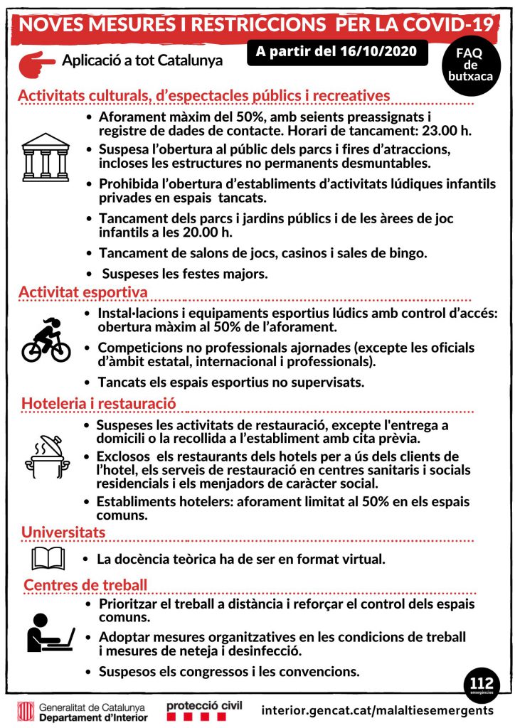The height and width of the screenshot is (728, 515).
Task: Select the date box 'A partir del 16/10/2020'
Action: click(337, 53)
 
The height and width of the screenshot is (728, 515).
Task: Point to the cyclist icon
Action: click(46, 341)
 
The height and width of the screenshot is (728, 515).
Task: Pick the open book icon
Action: click(48, 558)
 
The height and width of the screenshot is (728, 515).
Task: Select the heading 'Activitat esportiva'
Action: click(83, 292)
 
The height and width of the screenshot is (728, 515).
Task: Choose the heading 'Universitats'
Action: click(63, 532)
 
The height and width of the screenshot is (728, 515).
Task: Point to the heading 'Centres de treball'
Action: click(85, 585)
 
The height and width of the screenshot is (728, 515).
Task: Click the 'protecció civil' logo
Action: click(203, 710)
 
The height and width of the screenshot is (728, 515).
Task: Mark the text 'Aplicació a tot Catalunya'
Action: click(142, 61)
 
